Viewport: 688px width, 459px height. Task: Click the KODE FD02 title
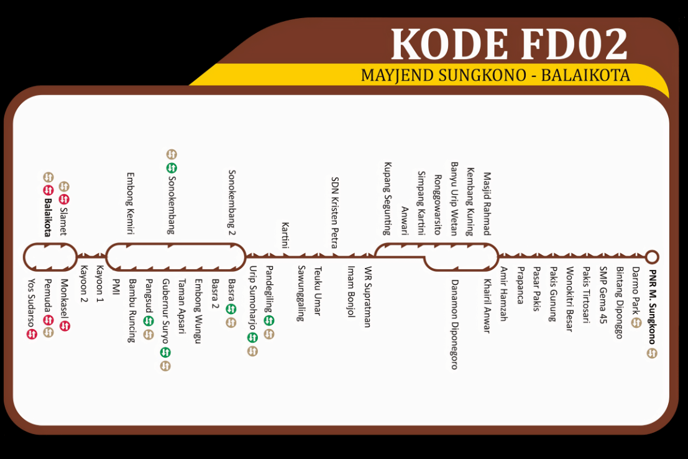[x=509, y=44]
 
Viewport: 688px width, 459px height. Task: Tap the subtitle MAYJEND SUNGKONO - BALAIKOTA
[x=495, y=75]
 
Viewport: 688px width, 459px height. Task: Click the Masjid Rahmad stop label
[x=487, y=204]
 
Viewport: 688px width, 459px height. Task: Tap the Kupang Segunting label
[x=387, y=198]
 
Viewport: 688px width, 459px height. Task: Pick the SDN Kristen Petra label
[x=334, y=212]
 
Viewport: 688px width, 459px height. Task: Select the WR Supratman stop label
[x=367, y=297]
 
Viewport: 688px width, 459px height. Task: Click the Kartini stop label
[x=285, y=235]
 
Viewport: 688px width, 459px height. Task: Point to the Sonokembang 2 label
[x=232, y=203]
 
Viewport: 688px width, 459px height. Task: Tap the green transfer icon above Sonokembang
[x=172, y=167]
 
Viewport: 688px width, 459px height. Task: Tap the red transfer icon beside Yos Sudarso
[x=32, y=334]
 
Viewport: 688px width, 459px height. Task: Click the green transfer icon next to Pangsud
[x=148, y=321]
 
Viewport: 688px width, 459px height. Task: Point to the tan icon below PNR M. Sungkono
[x=652, y=353]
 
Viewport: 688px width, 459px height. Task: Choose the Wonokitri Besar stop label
[x=568, y=299]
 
